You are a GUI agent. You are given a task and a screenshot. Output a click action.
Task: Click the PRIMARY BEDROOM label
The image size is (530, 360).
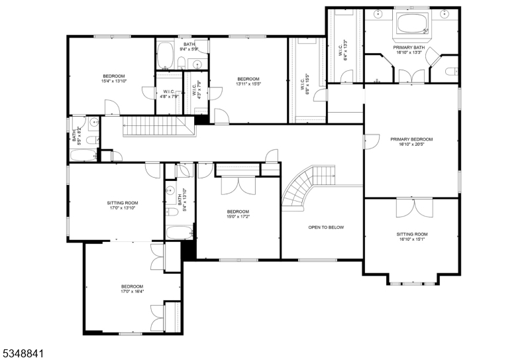pos(411,139)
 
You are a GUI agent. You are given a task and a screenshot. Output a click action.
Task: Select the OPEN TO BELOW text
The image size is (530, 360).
pos(326,227)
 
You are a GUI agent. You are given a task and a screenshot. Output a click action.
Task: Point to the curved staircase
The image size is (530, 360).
pos(302,187)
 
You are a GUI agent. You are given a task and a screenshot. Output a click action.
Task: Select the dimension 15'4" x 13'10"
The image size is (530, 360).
pos(113,82)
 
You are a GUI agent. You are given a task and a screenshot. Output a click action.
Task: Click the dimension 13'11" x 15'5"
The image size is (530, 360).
pos(248,84)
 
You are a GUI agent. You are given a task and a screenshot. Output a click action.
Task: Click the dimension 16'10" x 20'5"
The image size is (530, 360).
pos(411,145)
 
